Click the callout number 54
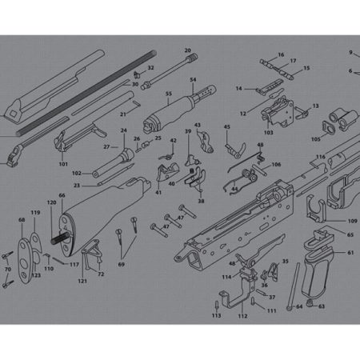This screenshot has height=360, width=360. (x=192, y=80)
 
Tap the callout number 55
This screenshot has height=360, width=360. (x=169, y=94)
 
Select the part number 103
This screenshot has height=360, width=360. (x=268, y=133)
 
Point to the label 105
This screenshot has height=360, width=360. (x=315, y=138)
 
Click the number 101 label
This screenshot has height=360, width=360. (x=63, y=163)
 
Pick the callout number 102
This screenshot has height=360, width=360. (x=77, y=174)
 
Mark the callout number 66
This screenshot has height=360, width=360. (x=62, y=196)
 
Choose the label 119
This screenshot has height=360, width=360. (x=35, y=213)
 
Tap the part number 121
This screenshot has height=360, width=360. (x=82, y=282)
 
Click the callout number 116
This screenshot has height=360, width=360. (x=319, y=157)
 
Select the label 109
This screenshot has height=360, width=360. (x=352, y=219)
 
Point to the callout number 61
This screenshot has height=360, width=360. (x=350, y=253)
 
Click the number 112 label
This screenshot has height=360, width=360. (x=242, y=316)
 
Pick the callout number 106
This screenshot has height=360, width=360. (x=276, y=165)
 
